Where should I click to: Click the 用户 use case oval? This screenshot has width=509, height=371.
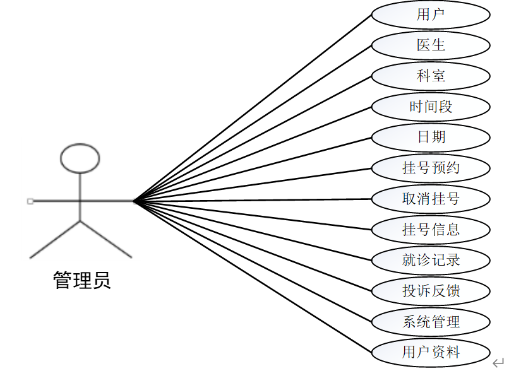click(x=431, y=15)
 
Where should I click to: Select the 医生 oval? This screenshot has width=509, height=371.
click(x=431, y=45)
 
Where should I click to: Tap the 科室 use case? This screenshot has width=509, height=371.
click(x=431, y=76)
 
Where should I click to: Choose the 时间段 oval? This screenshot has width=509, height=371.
click(x=431, y=107)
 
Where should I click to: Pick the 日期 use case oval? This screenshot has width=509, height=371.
click(x=431, y=137)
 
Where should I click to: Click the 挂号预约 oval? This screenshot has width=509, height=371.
click(x=431, y=168)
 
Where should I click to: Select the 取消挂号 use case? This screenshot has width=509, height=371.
click(x=431, y=199)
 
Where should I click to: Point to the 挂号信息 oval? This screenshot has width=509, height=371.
click(x=431, y=229)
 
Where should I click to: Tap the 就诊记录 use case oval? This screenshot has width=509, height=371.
click(x=431, y=260)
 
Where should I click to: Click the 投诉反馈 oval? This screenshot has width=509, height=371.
click(x=431, y=291)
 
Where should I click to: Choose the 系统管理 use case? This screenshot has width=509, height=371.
click(x=431, y=322)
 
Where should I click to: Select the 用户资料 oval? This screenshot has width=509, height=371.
click(x=431, y=352)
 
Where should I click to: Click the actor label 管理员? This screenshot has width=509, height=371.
click(x=82, y=280)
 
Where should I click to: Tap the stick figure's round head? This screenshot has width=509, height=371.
click(x=80, y=158)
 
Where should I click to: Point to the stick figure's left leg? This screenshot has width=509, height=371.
click(x=55, y=239)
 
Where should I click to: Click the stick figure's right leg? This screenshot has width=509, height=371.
click(x=106, y=239)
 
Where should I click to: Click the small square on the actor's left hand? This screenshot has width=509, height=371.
click(x=30, y=201)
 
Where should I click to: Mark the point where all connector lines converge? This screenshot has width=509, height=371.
click(x=134, y=201)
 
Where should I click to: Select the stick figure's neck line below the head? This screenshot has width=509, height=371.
click(x=80, y=186)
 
